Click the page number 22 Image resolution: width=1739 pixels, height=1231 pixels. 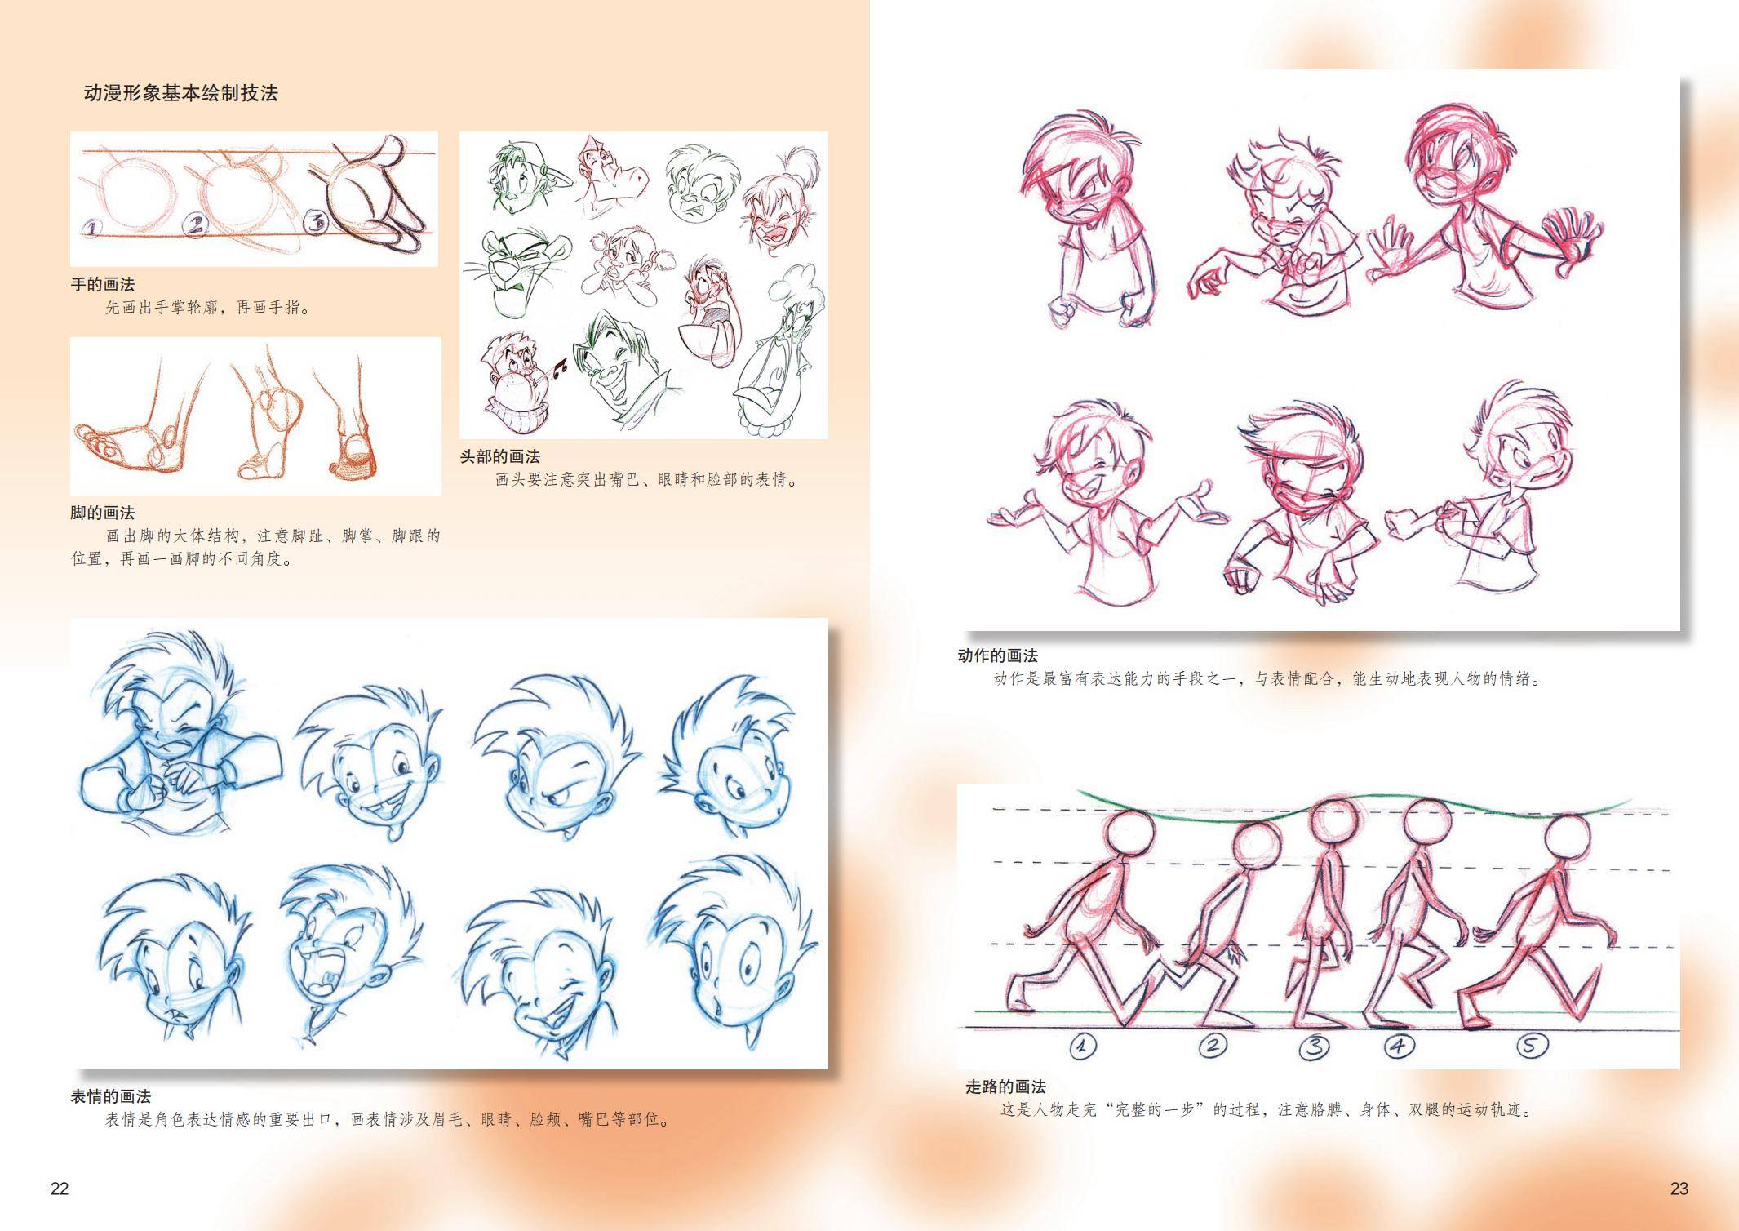point(60,1189)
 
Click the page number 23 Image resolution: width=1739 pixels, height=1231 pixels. point(1679,1189)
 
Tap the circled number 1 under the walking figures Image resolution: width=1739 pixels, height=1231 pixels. point(1082,1045)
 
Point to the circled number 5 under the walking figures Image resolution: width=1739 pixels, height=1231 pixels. point(1533,1046)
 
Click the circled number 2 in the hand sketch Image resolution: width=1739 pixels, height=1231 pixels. point(195,224)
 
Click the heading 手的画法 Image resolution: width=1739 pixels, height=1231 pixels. point(103,285)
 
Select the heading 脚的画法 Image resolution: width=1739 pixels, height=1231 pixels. point(103,513)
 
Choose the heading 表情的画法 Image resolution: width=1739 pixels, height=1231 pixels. point(111,1096)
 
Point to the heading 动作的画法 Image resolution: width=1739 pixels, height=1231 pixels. point(997,656)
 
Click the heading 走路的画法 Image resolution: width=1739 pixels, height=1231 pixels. point(1005,1087)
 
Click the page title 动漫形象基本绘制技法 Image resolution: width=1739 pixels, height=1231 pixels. point(181,93)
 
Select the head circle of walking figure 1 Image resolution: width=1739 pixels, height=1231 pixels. point(1130,835)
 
